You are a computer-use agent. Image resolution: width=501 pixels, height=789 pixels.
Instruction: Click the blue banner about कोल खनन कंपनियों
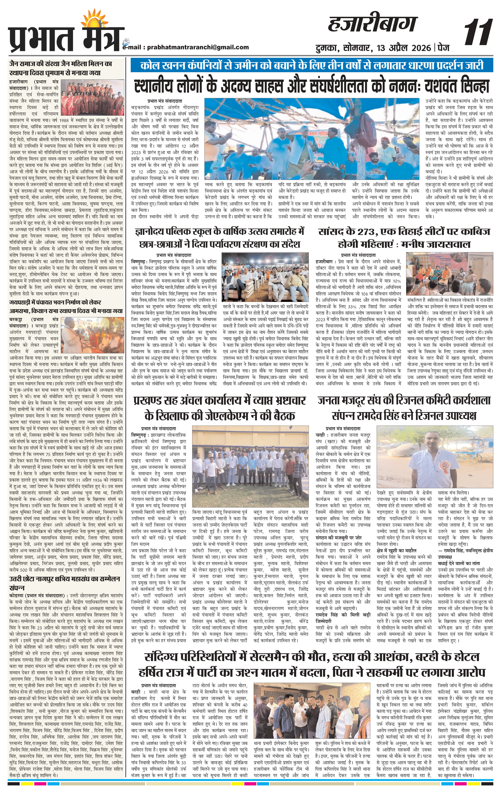(x=311, y=66)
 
